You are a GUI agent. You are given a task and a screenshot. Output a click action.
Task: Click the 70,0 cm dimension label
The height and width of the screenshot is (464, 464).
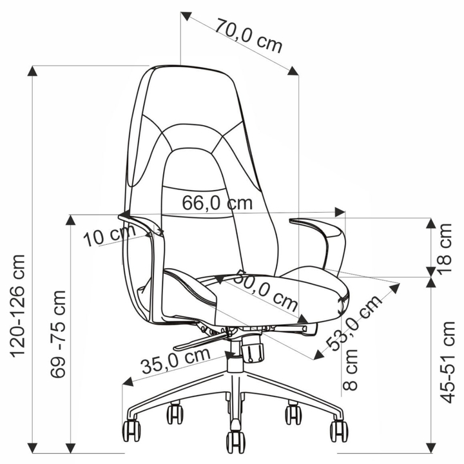(248, 35)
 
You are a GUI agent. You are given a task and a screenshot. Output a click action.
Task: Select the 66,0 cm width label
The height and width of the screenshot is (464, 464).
(217, 203)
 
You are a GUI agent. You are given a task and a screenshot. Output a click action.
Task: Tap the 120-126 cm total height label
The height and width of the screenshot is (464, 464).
(18, 305)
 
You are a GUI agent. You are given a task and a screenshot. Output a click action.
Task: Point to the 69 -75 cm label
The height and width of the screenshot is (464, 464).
(58, 334)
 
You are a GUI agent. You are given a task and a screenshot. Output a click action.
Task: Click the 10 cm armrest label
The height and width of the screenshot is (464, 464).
(109, 235)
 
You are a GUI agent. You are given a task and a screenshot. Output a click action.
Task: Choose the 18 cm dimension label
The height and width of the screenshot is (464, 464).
(445, 249)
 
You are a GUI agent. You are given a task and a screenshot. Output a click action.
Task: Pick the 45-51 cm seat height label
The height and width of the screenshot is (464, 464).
(447, 362)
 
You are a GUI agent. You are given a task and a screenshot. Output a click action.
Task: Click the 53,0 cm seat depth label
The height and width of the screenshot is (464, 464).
(354, 323)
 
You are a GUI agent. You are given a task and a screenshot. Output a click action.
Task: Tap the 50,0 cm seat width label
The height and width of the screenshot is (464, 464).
(266, 291)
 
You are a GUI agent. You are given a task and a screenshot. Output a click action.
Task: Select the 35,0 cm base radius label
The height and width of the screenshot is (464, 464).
(176, 360)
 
